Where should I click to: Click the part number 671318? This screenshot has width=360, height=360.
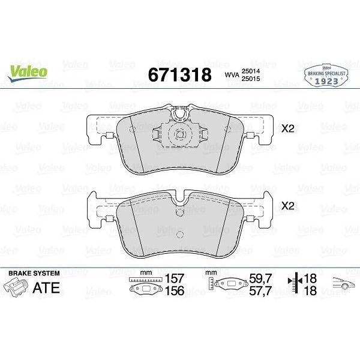179,74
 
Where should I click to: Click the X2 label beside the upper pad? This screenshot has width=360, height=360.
288,128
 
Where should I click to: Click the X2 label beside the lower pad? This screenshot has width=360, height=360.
288,206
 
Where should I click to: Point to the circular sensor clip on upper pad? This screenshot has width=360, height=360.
179,136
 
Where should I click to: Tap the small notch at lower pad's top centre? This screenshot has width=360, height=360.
179,211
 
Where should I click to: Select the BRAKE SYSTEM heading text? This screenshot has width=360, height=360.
30,273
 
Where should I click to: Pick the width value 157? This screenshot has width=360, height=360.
175,278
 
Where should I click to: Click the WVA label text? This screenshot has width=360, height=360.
232,75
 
